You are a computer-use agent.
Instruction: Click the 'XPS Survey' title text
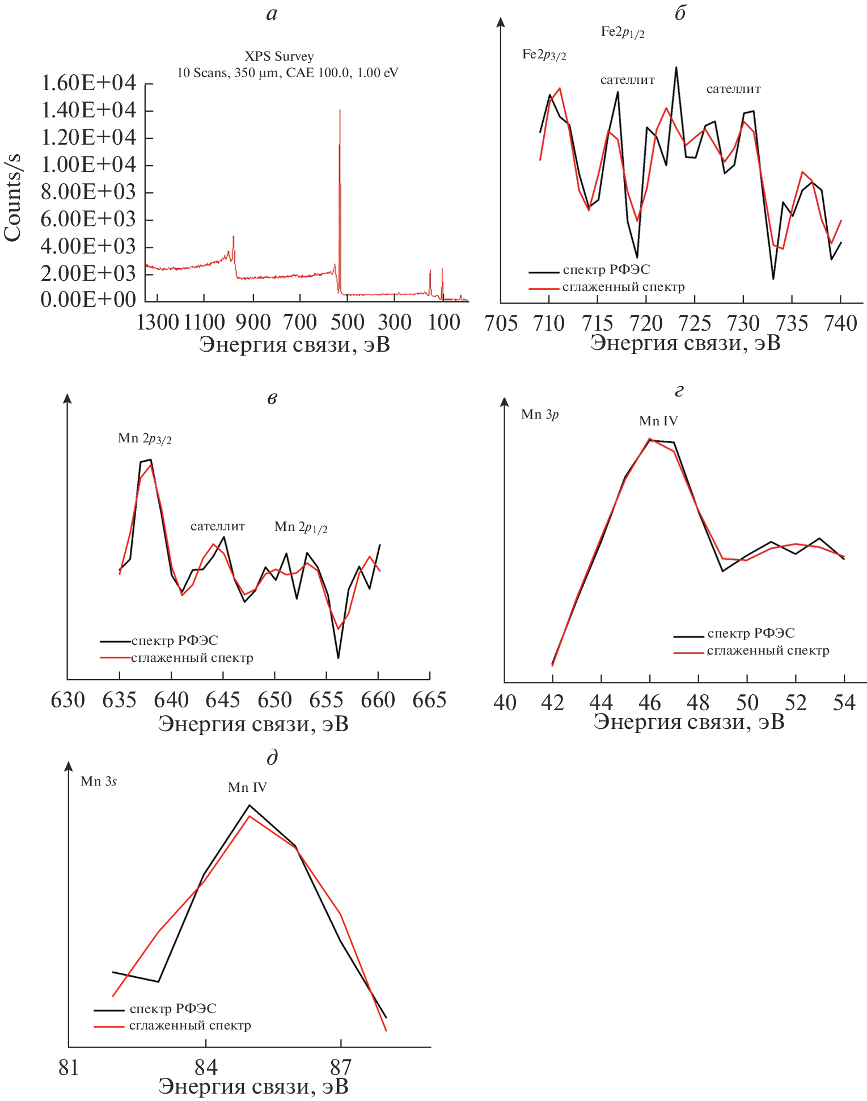[x=279, y=56]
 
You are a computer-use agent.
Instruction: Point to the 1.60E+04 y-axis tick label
[x=88, y=83]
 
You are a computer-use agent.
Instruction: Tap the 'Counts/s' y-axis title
[x=12, y=197]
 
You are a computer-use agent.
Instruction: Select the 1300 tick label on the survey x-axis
[x=158, y=323]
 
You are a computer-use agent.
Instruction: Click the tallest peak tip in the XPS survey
[x=340, y=111]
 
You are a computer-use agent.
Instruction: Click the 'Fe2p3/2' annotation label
[x=544, y=54]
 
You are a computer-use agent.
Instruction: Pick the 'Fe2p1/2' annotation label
[x=622, y=32]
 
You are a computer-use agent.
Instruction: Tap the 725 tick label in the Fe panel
[x=695, y=323]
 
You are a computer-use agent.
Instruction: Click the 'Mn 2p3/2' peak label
[x=145, y=438]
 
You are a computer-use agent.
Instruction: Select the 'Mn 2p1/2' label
[x=301, y=527]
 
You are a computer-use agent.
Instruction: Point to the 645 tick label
[x=223, y=700]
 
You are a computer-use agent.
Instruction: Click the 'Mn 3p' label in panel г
[x=540, y=415]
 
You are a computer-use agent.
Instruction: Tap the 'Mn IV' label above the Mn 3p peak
[x=658, y=421]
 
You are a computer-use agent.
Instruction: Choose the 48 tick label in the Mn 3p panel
[x=698, y=703]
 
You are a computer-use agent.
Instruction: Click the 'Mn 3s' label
[x=99, y=781]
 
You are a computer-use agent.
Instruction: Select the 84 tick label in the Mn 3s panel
[x=206, y=1067]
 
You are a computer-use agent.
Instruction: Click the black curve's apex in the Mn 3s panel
[x=249, y=805]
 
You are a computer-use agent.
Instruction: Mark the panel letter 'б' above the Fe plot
[x=680, y=14]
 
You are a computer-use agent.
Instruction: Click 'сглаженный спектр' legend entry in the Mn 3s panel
[x=189, y=1026]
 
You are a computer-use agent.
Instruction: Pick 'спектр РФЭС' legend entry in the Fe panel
[x=606, y=269]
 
